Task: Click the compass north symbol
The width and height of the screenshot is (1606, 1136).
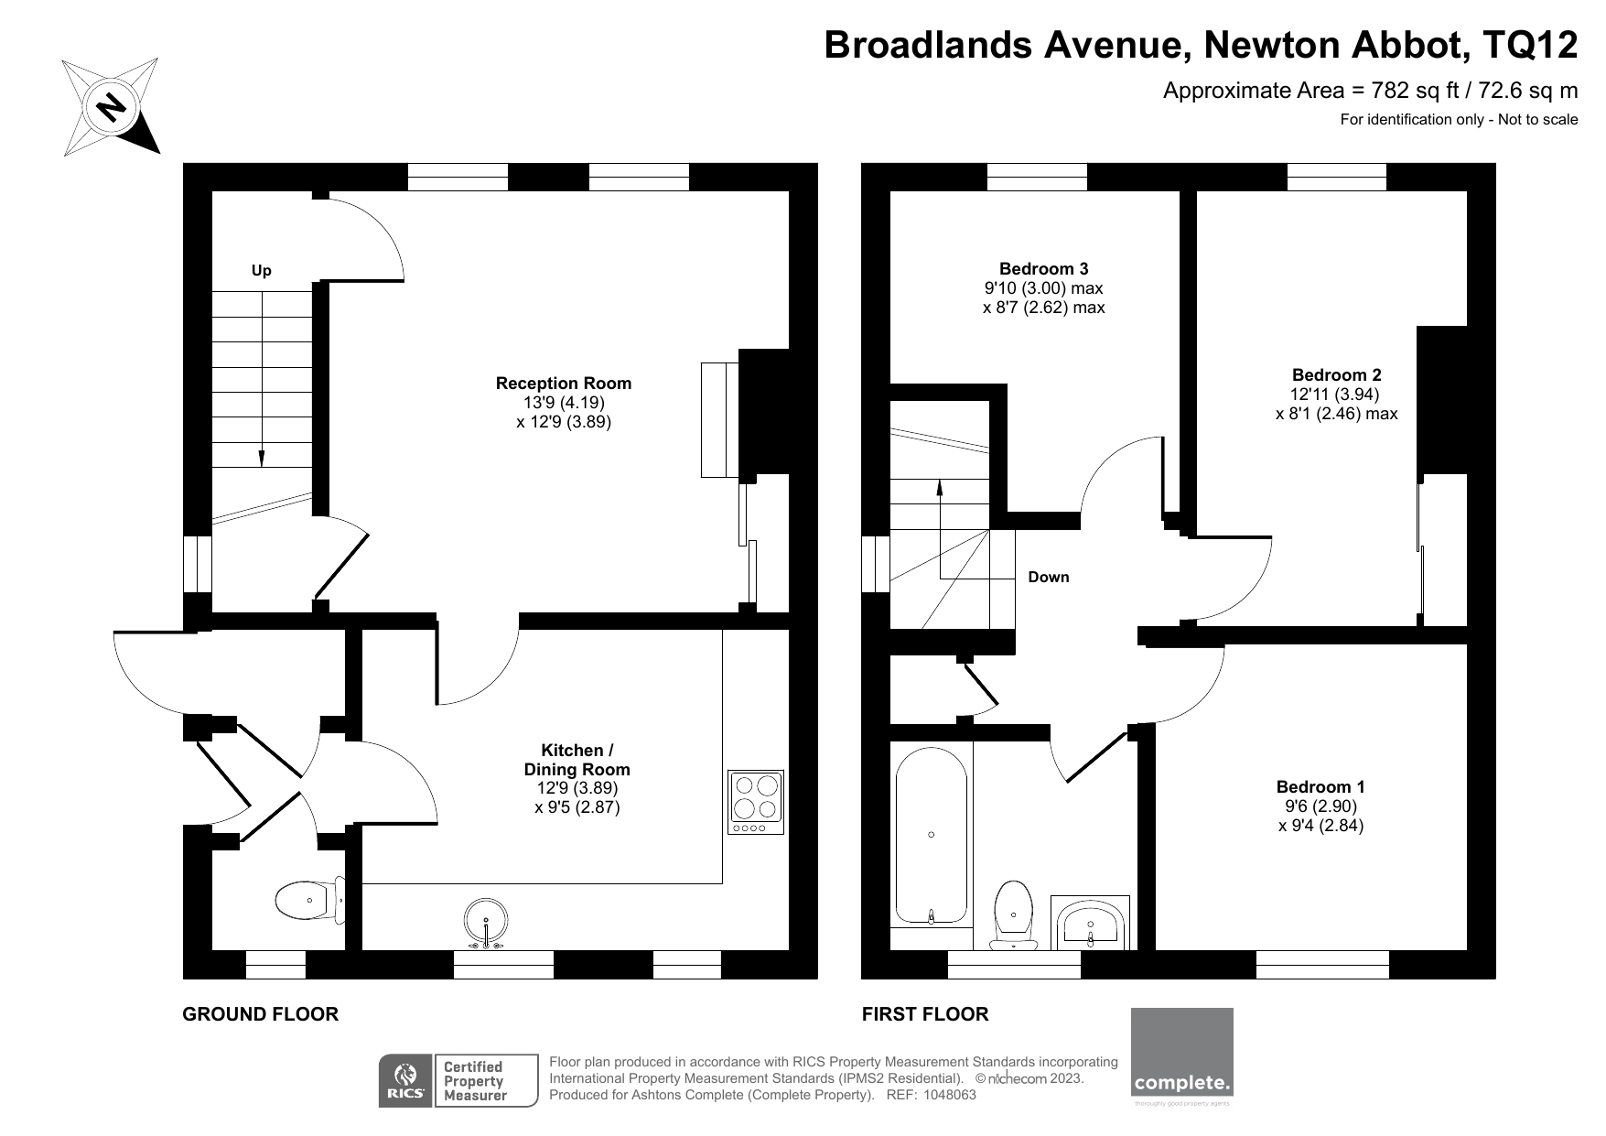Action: click(x=111, y=107)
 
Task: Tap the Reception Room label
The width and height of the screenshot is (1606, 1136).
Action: click(x=563, y=384)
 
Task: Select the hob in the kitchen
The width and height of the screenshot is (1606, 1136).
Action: click(x=756, y=802)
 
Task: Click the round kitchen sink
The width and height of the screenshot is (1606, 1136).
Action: click(x=486, y=921)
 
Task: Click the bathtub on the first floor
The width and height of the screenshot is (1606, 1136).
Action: click(x=931, y=835)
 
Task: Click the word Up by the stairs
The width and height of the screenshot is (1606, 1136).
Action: click(x=262, y=271)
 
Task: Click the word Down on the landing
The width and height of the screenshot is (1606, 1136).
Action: click(x=1048, y=578)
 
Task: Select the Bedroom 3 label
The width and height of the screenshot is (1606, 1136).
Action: click(x=1043, y=269)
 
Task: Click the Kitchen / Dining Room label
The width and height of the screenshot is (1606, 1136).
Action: click(x=577, y=760)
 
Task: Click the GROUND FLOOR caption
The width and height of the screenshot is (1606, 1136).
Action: click(x=261, y=1014)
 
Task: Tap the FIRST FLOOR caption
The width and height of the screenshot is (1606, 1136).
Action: click(x=924, y=1014)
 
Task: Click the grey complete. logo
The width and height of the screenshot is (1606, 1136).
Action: click(x=1181, y=1053)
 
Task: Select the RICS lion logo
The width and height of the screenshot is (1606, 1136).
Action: click(x=405, y=1080)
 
